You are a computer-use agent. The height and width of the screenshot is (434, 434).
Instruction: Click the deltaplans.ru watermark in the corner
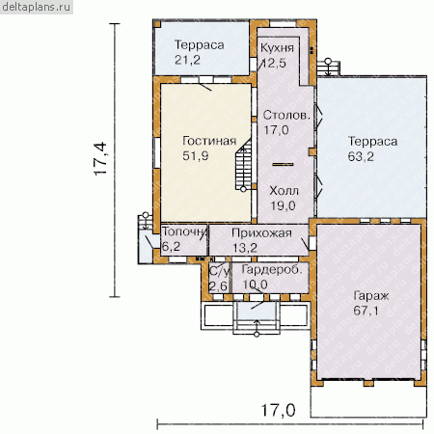click(37, 7)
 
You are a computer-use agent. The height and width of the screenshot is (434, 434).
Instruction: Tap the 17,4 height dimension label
click(100, 159)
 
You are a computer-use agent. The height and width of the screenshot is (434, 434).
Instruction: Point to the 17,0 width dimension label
click(278, 411)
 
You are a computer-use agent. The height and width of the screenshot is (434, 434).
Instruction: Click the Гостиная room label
click(209, 141)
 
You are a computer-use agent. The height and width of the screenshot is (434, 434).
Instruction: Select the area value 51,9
click(196, 156)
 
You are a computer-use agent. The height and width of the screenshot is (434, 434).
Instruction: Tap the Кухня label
click(277, 47)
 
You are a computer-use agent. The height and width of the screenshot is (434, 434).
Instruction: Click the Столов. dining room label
click(286, 115)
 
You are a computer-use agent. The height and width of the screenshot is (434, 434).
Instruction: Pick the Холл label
click(285, 191)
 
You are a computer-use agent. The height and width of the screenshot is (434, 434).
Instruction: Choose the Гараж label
click(371, 296)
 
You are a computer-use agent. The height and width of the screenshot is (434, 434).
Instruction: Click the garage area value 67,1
click(366, 311)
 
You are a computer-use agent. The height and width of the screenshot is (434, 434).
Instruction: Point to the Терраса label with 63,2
click(372, 141)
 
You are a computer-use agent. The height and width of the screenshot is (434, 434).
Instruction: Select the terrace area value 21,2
click(187, 60)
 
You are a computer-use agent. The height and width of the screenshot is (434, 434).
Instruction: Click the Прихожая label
click(261, 232)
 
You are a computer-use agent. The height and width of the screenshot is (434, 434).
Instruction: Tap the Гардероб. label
click(272, 269)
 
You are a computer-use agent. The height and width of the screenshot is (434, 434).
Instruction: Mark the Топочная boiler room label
click(184, 231)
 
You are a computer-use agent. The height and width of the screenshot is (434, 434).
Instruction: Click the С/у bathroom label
click(220, 272)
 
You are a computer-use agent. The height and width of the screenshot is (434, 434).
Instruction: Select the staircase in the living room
click(243, 165)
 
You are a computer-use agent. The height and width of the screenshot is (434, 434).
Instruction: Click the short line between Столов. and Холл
click(283, 164)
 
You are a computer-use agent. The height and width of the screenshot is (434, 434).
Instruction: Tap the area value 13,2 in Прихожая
click(245, 248)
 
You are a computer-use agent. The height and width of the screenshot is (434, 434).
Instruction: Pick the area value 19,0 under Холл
click(283, 205)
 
